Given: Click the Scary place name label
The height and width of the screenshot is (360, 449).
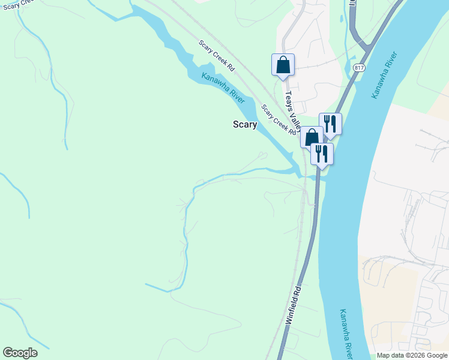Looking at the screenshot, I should pyautogui.click(x=245, y=125).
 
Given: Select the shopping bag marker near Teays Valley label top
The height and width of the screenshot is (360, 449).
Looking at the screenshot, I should pyautogui.click(x=283, y=65).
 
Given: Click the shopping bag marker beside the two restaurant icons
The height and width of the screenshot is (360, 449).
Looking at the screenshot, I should pyautogui.click(x=312, y=138).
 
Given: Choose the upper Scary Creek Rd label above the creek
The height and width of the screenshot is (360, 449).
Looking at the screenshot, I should pyautogui.click(x=216, y=57).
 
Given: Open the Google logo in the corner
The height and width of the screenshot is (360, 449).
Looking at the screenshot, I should pyautogui.click(x=20, y=353).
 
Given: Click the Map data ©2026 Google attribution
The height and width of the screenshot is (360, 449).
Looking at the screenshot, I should pyautogui.click(x=412, y=355).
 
